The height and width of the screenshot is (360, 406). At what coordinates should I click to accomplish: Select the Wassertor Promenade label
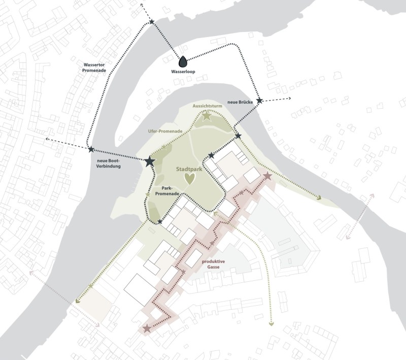94,69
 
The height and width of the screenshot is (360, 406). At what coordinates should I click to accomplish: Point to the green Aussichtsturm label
206,106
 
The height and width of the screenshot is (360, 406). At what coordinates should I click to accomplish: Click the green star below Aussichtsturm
206,116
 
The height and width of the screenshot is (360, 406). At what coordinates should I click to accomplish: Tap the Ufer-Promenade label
165,131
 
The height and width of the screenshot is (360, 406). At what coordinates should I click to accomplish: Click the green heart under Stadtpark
189,178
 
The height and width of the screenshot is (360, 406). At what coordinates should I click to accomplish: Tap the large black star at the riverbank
150,161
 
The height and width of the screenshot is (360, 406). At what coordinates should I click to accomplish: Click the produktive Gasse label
213,263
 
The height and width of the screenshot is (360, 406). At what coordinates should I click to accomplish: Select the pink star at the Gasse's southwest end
147,329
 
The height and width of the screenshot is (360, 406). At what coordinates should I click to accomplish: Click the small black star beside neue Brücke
259,101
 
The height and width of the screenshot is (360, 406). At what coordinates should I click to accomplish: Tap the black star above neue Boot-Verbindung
91,150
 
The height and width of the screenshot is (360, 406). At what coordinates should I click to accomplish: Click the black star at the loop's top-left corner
152,21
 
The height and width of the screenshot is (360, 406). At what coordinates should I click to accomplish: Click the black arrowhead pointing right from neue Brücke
288,98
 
